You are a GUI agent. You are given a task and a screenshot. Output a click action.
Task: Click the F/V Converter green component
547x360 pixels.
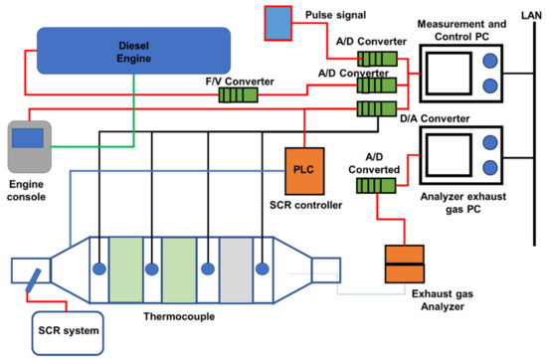(x=238, y=94)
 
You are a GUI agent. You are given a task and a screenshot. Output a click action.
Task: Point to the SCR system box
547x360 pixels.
(x=64, y=329)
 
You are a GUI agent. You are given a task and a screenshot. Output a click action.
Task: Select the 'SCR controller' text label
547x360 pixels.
(x=304, y=204)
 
